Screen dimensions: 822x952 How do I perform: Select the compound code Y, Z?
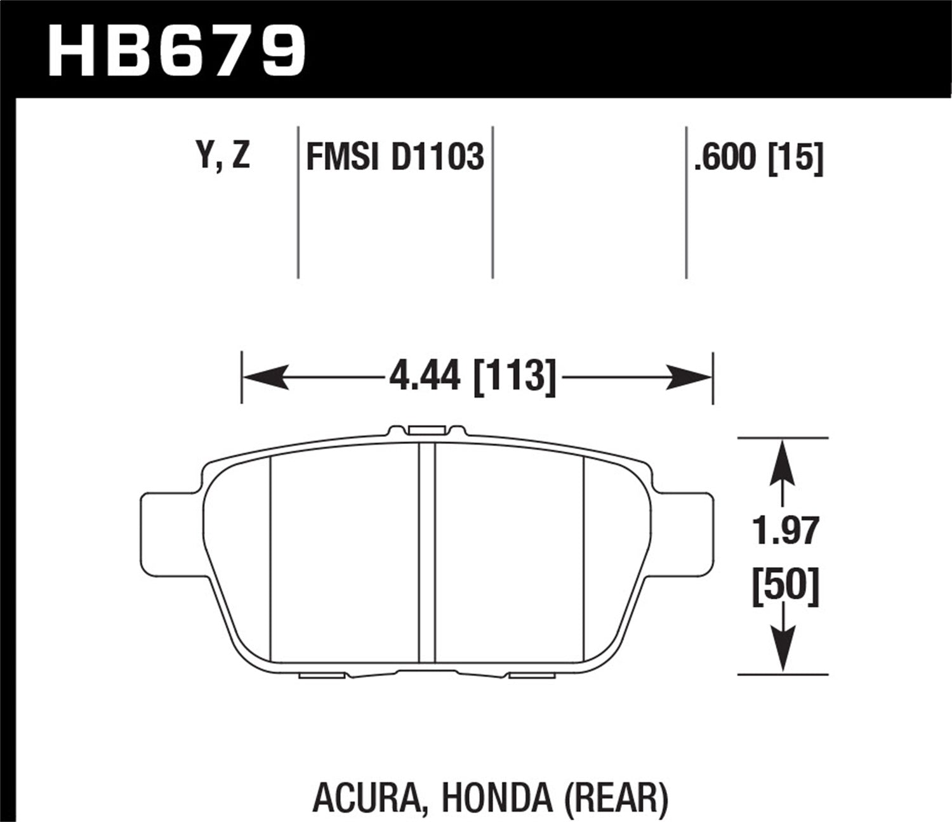(224, 155)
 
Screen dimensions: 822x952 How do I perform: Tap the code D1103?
(437, 157)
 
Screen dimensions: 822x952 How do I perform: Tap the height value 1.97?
(786, 532)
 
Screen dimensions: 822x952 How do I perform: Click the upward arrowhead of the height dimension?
(784, 460)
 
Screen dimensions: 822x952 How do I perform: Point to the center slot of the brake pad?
(426, 552)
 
